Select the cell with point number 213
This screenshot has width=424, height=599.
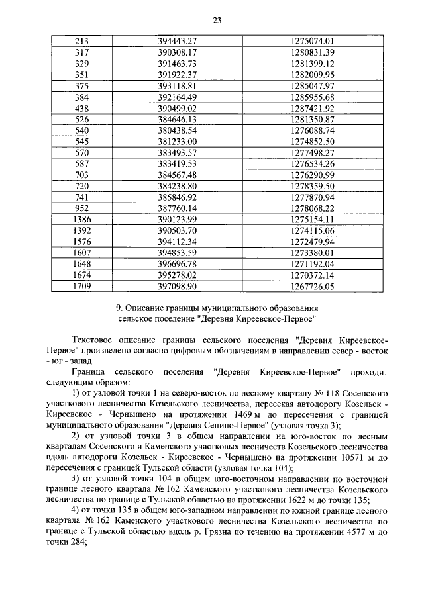click(x=81, y=41)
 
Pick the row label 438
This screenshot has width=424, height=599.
click(x=81, y=107)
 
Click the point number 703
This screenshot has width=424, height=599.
click(x=81, y=175)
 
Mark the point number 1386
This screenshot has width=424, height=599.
click(x=81, y=219)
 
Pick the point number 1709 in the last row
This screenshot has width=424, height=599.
click(x=81, y=286)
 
